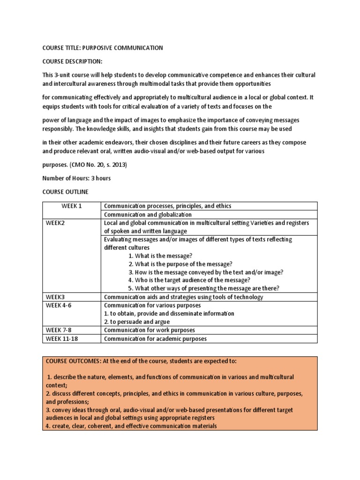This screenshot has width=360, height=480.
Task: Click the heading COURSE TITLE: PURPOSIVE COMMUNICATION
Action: (x=103, y=48)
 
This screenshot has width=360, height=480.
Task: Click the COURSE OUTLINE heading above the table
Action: (x=65, y=192)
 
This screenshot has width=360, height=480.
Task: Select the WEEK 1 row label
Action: (x=71, y=206)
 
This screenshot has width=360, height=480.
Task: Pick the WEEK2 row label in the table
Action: (x=55, y=223)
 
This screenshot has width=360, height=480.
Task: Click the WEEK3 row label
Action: (x=55, y=297)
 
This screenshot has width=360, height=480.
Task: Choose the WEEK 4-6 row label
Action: (x=60, y=305)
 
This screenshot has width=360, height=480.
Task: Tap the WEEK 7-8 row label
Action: (x=60, y=330)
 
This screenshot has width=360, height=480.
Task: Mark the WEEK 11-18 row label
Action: (x=61, y=338)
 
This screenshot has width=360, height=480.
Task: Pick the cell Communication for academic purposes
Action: (x=155, y=338)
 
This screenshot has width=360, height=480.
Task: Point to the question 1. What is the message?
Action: (x=160, y=255)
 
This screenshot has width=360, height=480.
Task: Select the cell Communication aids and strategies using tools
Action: (x=183, y=297)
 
